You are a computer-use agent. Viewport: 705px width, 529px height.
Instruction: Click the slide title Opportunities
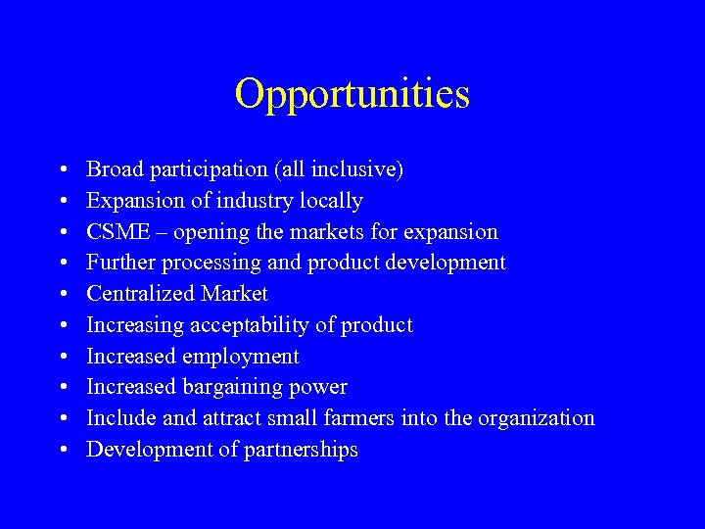click(x=352, y=95)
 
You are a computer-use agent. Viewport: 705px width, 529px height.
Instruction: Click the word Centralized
click(x=141, y=294)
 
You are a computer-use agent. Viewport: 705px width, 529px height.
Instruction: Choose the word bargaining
click(x=235, y=388)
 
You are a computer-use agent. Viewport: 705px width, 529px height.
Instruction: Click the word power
click(x=321, y=388)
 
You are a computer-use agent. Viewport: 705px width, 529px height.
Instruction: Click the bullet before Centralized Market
click(x=63, y=295)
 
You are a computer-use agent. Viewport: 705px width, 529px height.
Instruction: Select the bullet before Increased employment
click(x=63, y=357)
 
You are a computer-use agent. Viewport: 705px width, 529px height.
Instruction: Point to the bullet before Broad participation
click(x=63, y=170)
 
